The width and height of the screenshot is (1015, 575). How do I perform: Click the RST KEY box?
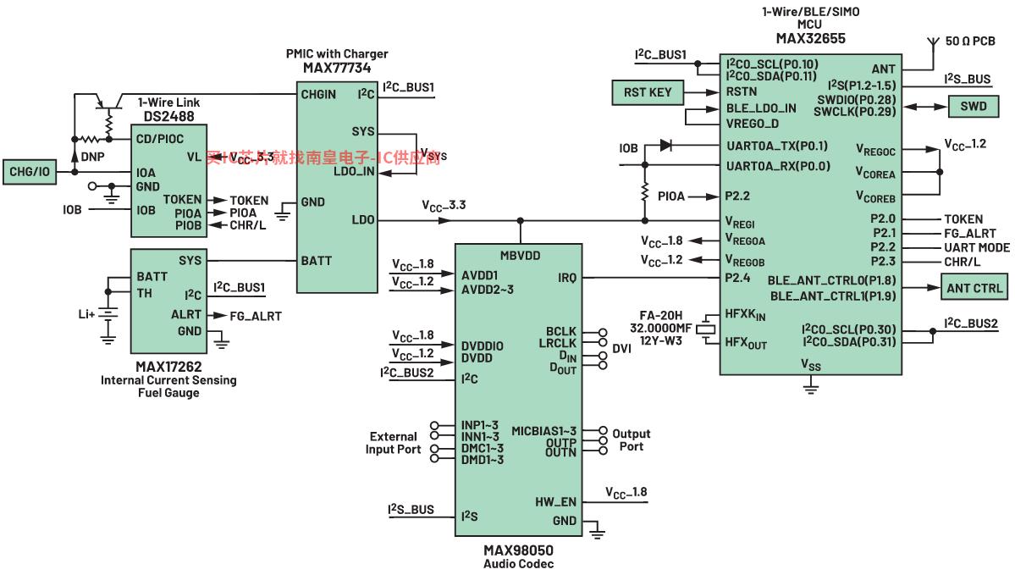pos(648,91)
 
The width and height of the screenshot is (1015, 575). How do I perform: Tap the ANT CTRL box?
pos(975,288)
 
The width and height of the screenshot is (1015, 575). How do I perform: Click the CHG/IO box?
pos(30,172)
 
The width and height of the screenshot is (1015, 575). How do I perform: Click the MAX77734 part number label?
pos(336,68)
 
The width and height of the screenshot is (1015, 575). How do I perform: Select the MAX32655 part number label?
pos(810,38)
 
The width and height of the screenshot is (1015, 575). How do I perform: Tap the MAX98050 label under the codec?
pos(519,550)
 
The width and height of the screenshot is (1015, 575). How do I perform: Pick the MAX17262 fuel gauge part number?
pos(168,367)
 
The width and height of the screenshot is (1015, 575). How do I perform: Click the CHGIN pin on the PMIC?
pos(318,94)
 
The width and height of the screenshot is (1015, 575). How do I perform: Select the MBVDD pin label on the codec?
pos(520,255)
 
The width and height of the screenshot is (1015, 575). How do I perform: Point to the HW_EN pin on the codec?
pos(554,501)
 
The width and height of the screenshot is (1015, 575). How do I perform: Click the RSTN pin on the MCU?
pos(742,91)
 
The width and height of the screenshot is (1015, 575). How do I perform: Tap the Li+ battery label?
pos(86,314)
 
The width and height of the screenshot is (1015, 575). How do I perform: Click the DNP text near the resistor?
pos(93,157)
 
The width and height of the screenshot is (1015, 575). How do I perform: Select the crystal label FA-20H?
pos(660,315)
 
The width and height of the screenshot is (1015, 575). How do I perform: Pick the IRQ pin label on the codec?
pos(566,277)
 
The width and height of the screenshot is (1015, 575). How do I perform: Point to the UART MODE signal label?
pos(977,247)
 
